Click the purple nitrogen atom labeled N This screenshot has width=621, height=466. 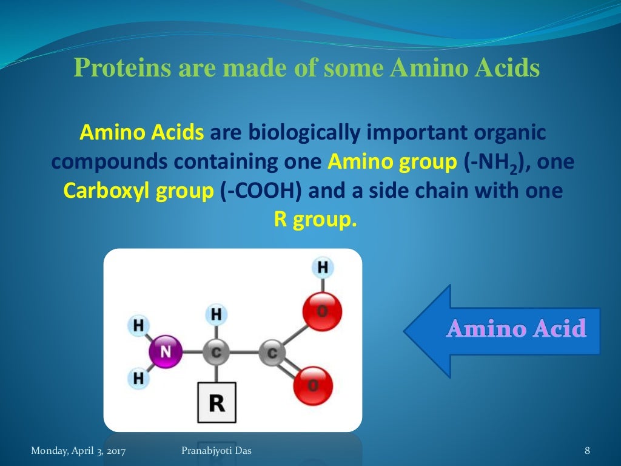click(165, 351)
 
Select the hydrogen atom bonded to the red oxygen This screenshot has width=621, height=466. click(323, 267)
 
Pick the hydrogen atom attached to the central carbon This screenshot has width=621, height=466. click(216, 315)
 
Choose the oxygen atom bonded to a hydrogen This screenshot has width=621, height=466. click(321, 311)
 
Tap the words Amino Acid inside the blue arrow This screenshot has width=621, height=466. click(516, 329)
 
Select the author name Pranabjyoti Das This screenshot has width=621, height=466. click(217, 450)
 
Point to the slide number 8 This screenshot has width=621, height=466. click(587, 450)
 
